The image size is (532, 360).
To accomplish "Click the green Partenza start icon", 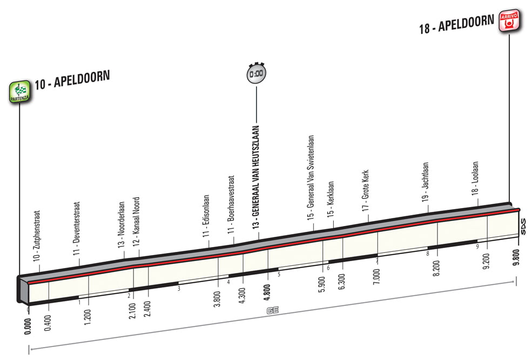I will pyautogui.click(x=19, y=91).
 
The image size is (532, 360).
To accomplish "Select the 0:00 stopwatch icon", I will pyautogui.click(x=256, y=73).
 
